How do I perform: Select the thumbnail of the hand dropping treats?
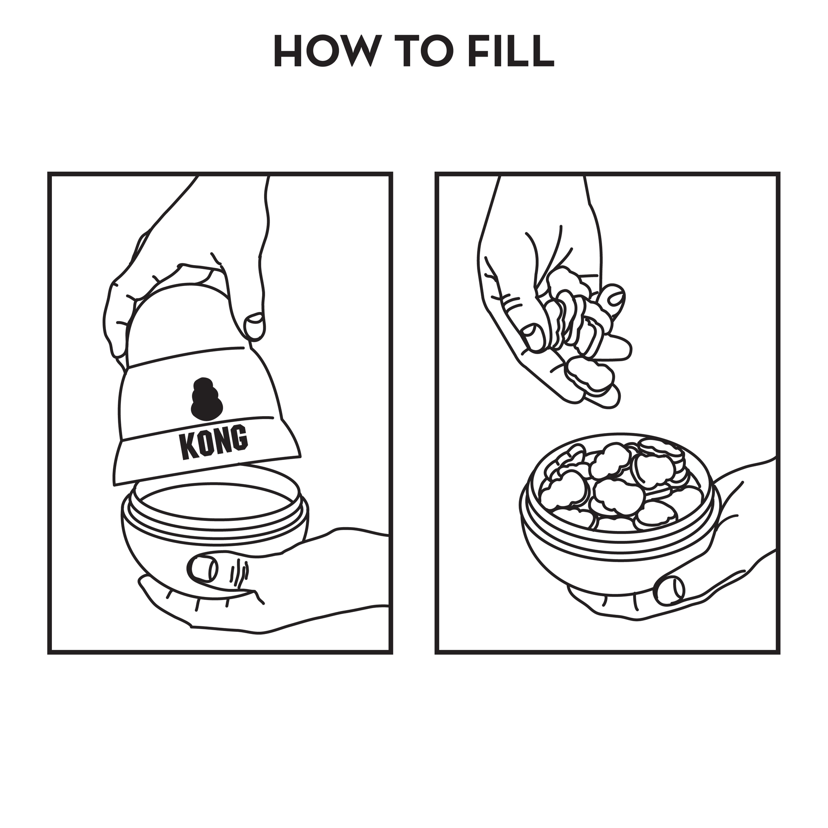pos(534,337)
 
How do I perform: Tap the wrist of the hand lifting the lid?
pos(231,201)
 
